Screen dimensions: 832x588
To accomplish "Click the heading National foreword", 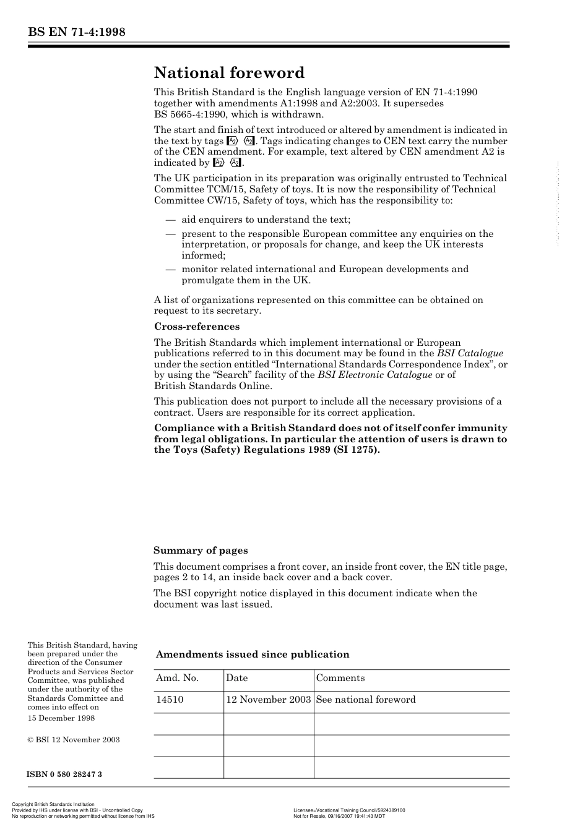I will coord(229,73).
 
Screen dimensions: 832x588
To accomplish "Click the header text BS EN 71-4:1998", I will coord(76,32).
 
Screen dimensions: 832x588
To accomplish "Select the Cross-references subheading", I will coord(196,327).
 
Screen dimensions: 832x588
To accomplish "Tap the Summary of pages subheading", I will coord(200,551).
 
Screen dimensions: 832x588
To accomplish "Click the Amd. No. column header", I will coord(177,678).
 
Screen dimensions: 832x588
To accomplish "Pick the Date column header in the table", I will coord(236,678).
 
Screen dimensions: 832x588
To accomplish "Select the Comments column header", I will coord(340,678).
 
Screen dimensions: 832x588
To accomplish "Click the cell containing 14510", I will coord(170,700).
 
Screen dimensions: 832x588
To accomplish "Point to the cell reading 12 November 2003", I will coord(268,700).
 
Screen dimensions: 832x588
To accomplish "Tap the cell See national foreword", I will coord(365,700).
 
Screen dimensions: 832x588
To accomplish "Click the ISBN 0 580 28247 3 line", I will coord(64,774).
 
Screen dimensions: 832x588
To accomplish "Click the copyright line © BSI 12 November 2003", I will coord(73,740).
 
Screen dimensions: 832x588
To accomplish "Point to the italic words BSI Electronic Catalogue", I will coord(374,375).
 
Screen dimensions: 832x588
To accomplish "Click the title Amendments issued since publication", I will coord(252,654).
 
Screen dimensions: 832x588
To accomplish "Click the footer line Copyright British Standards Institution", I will coord(53,805).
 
